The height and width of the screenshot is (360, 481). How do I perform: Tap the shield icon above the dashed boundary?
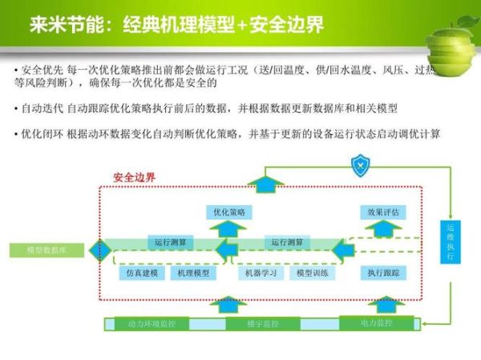358,167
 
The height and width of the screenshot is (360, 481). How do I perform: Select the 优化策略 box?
229,212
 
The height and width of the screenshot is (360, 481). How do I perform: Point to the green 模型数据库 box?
46,250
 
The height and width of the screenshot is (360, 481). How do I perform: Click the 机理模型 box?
192,273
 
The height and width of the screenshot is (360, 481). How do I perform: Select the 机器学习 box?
260,273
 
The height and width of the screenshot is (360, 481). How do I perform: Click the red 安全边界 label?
134,177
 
